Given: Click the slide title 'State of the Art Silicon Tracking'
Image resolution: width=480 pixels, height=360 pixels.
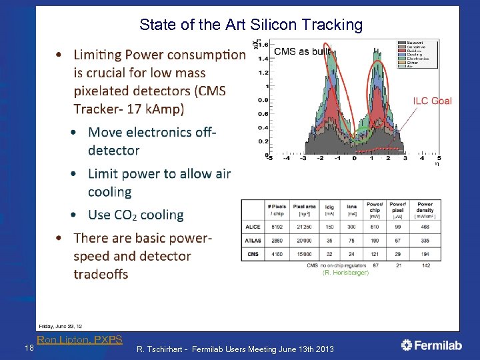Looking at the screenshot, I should tap(251, 25).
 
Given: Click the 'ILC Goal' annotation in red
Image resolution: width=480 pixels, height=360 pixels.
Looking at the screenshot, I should tap(432, 101).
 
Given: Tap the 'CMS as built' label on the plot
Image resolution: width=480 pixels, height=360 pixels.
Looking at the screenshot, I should tap(302, 51).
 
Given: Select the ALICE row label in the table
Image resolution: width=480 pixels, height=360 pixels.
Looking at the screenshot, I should tap(253, 227).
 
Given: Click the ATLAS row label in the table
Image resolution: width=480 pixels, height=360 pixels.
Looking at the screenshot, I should tap(253, 240).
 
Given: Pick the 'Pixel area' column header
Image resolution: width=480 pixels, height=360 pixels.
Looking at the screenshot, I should tap(304, 209).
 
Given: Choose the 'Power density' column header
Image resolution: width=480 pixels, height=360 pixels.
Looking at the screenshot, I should tap(425, 209).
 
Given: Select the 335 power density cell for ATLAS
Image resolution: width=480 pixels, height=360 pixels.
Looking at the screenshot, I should tap(425, 240).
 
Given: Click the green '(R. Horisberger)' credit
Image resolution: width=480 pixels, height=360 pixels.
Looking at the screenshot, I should tap(345, 273).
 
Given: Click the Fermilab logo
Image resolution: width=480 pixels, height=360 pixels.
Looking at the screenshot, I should tap(431, 345).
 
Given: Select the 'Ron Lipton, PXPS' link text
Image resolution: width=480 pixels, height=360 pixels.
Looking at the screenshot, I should tap(79, 339).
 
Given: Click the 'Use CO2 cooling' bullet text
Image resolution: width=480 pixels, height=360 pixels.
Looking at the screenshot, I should tap(135, 215).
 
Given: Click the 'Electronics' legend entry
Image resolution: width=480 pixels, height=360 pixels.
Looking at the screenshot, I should tap(417, 59).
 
